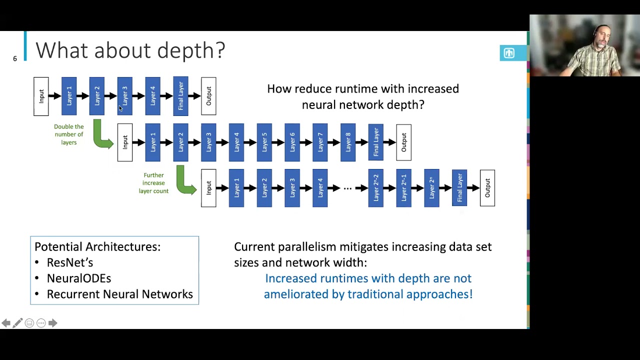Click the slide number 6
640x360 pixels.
coord(15,59)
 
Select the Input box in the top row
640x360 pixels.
coord(41,96)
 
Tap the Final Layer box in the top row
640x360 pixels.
coord(180,96)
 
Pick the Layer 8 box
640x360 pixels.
coord(348,142)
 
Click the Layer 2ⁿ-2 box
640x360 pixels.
coord(376,188)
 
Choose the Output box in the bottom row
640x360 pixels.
coord(487,188)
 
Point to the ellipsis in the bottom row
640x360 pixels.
coord(347,188)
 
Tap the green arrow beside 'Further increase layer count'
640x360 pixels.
coord(185,182)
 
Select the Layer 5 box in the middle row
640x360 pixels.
coord(264,142)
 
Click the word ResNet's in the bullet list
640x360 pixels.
coord(70,262)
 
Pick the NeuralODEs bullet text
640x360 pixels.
coord(79,278)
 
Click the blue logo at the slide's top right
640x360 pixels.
coord(509,53)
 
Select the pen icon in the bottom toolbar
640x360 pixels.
coord(17,323)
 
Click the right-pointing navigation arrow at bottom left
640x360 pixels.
coord(52,323)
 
